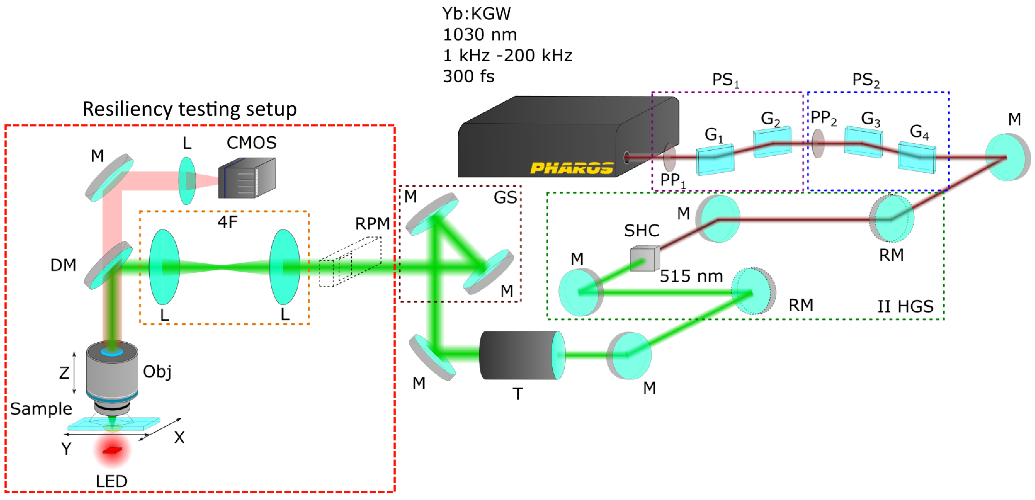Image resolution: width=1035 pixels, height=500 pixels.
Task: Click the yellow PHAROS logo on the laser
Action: [572, 168]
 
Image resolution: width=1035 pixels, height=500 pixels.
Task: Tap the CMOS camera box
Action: [247, 178]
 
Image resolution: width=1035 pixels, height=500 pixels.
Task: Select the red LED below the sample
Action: [112, 451]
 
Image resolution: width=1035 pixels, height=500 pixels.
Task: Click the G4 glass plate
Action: [917, 157]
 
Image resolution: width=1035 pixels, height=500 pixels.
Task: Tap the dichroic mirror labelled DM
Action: [108, 265]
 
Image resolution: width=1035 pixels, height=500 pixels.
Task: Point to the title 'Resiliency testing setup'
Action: [190, 109]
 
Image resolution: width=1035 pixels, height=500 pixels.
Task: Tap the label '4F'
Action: [227, 222]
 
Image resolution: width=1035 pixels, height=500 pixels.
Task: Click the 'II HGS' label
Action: [905, 307]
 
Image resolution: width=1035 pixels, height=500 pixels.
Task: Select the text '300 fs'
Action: [469, 76]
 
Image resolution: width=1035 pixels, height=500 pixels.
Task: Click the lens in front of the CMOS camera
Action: [187, 181]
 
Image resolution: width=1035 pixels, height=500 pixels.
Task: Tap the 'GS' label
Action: [505, 197]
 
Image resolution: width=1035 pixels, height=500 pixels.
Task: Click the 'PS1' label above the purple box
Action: [725, 80]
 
